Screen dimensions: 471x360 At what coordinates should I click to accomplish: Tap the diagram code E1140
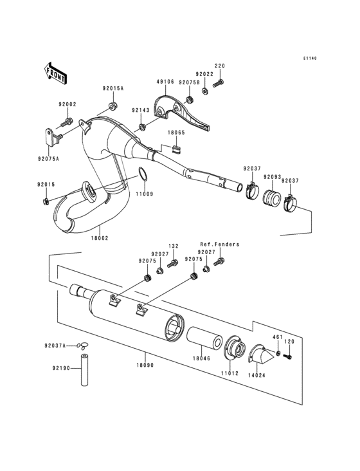pyautogui.click(x=311, y=59)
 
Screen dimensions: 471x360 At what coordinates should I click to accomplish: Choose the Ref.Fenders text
pyautogui.click(x=219, y=245)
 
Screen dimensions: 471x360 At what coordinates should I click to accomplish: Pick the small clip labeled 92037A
pyautogui.click(x=82, y=346)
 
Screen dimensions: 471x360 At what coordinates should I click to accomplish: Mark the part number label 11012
pyautogui.click(x=230, y=373)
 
